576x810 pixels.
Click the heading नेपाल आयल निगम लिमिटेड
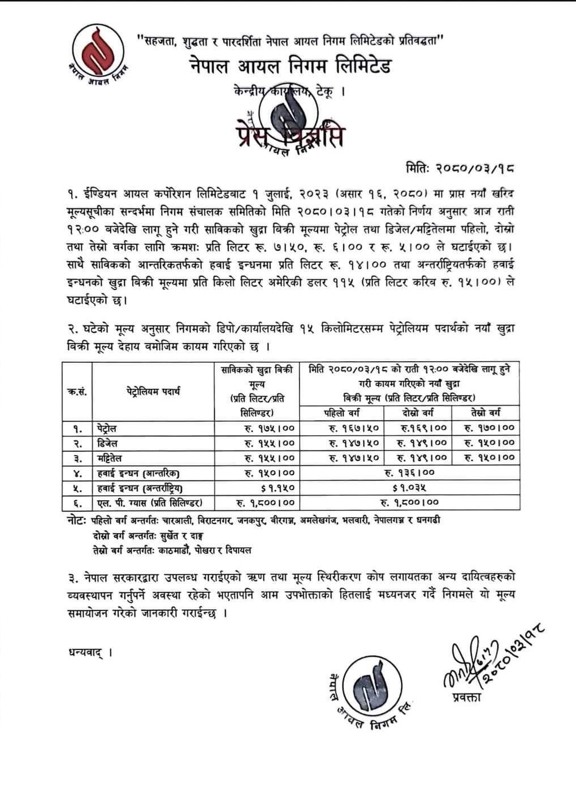coord(290,66)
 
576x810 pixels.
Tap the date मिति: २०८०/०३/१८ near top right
coord(460,167)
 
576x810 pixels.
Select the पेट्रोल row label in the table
coord(106,428)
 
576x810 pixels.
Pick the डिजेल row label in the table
coord(106,443)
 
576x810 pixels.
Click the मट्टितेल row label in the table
coord(109,457)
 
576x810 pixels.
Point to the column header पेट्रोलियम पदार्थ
coord(153,391)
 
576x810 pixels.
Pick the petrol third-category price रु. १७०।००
coord(490,428)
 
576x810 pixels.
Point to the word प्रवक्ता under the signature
coord(466,697)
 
